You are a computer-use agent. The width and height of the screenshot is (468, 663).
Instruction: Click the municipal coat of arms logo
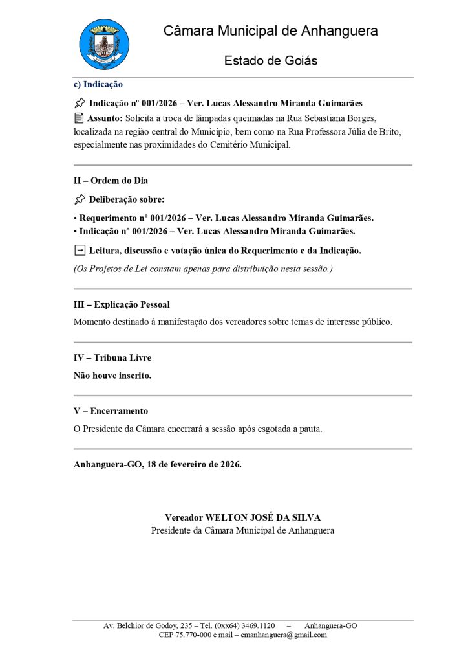(x=103, y=45)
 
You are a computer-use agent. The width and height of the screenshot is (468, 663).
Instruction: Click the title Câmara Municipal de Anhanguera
(x=270, y=31)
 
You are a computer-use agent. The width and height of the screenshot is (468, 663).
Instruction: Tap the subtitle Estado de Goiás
(x=270, y=61)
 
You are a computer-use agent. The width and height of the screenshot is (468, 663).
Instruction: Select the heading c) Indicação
(x=98, y=84)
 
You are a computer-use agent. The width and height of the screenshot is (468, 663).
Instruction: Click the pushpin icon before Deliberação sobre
(x=80, y=199)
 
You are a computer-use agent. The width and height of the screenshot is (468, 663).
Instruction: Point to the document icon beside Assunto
(x=79, y=118)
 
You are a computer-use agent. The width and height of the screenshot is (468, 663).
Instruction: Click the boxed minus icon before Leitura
(x=80, y=250)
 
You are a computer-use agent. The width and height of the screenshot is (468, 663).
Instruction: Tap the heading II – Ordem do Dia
(x=111, y=181)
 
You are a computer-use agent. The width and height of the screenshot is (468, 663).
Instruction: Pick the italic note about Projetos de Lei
(x=203, y=268)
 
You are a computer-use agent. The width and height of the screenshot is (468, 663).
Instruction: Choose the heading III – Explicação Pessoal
(x=122, y=304)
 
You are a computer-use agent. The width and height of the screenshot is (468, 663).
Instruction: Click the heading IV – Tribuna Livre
(x=112, y=357)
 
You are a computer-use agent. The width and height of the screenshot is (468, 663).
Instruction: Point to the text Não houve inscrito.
(x=112, y=375)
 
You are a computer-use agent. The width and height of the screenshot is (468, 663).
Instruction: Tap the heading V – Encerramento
(x=111, y=411)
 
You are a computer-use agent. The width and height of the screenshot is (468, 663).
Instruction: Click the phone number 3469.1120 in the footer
(x=258, y=626)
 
